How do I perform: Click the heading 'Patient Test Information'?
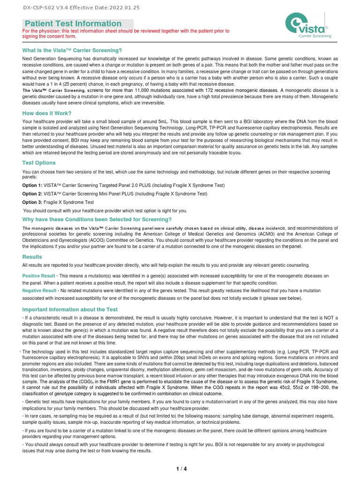(x=73, y=23)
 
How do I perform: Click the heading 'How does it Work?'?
(x=47, y=113)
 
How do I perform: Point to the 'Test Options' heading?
(x=39, y=163)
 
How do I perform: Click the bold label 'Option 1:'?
(x=32, y=186)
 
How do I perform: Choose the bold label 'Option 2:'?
(x=32, y=194)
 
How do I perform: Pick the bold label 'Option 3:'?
(x=32, y=202)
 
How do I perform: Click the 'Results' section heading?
(x=32, y=257)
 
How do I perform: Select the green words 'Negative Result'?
(x=39, y=291)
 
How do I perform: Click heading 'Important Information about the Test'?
(x=70, y=309)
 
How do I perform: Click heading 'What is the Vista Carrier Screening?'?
(x=72, y=50)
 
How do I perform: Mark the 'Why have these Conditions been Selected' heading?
(x=97, y=219)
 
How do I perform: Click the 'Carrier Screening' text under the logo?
(x=315, y=36)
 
